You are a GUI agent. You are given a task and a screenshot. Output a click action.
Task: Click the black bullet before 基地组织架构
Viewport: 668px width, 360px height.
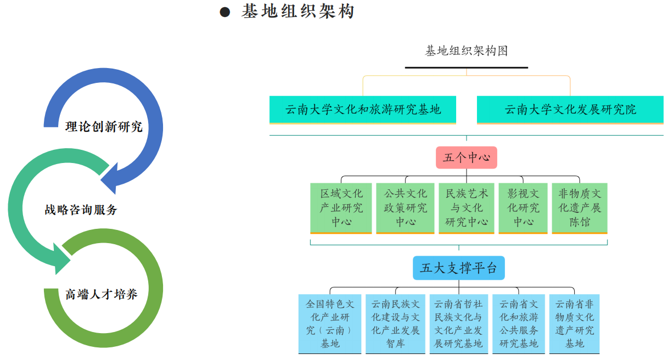point(225,12)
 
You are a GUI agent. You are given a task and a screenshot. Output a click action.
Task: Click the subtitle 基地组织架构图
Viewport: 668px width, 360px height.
point(467,51)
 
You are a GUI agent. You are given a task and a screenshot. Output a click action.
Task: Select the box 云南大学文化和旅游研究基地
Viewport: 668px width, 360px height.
point(363,110)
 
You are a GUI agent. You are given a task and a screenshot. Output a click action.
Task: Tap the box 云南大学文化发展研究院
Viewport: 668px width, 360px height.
point(570,110)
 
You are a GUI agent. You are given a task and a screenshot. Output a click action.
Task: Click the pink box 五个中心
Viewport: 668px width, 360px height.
point(467,157)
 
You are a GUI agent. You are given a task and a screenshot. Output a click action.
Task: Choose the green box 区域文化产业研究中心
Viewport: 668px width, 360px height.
point(341,208)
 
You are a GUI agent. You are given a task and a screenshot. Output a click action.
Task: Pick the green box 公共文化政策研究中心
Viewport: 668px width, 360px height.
point(405,208)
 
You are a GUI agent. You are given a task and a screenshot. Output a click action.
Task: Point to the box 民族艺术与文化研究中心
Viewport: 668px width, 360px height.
point(467,208)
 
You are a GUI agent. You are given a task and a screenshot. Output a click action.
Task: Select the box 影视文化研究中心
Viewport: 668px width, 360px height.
point(523,208)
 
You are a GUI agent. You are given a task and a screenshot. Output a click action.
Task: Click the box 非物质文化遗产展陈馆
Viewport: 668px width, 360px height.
point(580,208)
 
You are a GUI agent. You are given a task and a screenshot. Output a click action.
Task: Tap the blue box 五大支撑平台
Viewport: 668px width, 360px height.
point(459,268)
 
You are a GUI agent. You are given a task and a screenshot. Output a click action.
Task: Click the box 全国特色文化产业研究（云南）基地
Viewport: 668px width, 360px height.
point(330,324)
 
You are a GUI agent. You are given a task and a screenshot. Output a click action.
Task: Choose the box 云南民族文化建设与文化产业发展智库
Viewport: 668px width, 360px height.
point(395,324)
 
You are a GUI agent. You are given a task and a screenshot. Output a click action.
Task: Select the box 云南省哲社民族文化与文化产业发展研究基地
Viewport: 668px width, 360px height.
point(459,324)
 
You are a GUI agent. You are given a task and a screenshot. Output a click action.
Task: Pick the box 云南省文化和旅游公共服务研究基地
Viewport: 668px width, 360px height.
point(519,324)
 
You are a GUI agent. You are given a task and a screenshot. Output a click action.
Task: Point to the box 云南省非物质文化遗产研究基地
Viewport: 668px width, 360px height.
point(574,324)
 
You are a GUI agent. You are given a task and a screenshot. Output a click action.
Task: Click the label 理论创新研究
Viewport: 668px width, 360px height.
point(104,127)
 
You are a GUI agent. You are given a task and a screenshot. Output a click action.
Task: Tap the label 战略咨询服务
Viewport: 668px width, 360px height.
point(81,210)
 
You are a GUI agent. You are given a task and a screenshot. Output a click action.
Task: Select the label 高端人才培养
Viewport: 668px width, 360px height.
point(102,294)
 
